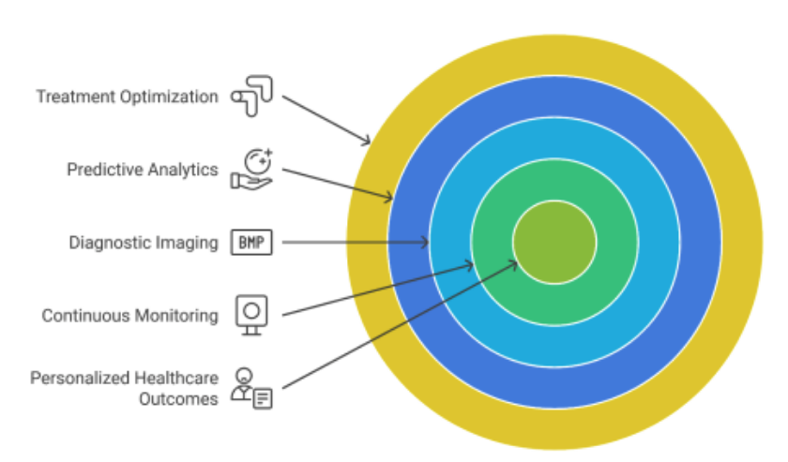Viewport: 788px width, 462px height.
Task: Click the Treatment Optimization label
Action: [x=127, y=97]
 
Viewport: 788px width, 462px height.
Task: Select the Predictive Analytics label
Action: [x=142, y=170]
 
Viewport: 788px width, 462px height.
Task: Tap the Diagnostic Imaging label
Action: [x=143, y=242]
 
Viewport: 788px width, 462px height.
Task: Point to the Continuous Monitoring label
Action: [x=129, y=316]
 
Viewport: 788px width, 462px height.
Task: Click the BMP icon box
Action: [x=250, y=242]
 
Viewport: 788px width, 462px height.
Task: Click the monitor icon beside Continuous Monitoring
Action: [x=250, y=313]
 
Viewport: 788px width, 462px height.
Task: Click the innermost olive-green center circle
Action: [x=554, y=242]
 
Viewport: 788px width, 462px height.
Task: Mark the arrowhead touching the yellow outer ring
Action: [x=368, y=142]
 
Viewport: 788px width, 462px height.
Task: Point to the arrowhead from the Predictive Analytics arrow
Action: [x=389, y=197]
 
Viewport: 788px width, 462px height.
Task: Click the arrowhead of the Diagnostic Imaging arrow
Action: [x=425, y=242]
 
